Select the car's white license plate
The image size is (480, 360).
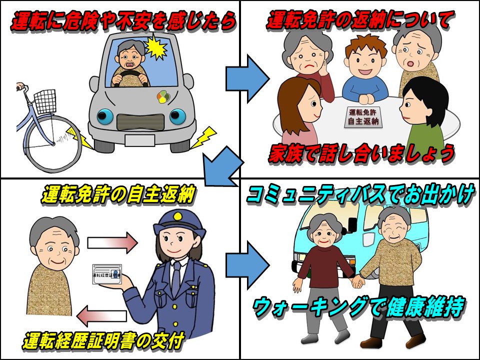[x=139, y=140]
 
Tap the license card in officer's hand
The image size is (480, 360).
[x=106, y=273]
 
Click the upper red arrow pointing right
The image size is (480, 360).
[x=112, y=243]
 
